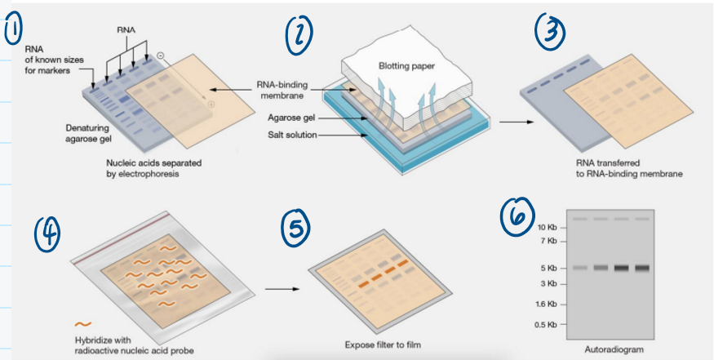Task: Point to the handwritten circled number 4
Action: click(48, 233)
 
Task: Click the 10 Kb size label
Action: click(546, 226)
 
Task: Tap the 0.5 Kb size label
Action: click(545, 325)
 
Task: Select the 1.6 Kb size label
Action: click(545, 304)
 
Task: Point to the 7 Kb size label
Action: click(548, 242)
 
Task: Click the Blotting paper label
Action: click(405, 65)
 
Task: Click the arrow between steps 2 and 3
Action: click(512, 122)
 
